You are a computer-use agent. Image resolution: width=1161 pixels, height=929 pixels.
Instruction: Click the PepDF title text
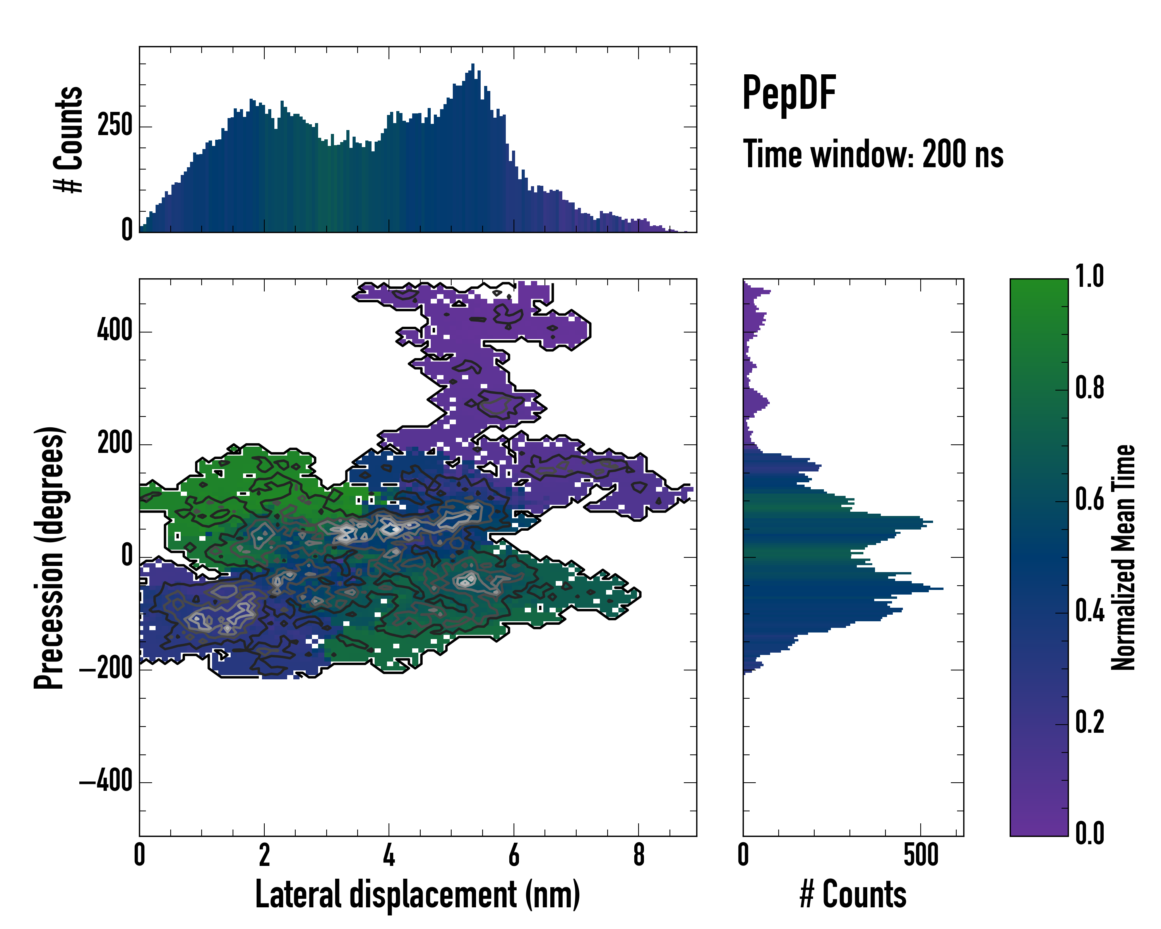[x=788, y=93]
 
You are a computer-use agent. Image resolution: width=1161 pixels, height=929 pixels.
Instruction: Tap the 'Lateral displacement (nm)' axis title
[x=417, y=894]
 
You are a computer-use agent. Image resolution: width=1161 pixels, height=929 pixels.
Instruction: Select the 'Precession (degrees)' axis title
[x=50, y=557]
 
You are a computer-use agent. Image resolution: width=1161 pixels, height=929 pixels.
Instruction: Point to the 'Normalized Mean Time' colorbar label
[x=1123, y=557]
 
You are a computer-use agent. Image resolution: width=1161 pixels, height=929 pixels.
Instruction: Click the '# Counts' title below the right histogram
[x=853, y=894]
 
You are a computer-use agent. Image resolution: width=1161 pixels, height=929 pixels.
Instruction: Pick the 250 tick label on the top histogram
[x=115, y=126]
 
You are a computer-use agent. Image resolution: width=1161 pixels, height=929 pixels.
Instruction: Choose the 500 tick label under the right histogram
[x=921, y=855]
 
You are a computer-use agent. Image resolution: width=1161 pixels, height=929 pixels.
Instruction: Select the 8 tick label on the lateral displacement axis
[x=639, y=855]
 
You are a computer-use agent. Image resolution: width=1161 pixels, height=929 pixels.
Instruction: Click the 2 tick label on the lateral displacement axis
[x=264, y=855]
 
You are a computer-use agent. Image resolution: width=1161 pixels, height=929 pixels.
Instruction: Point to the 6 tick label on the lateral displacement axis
[x=514, y=855]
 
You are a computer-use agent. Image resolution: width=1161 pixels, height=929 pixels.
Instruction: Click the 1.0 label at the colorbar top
[x=1089, y=277]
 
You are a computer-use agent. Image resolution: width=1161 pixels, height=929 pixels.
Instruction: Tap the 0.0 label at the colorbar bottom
[x=1089, y=833]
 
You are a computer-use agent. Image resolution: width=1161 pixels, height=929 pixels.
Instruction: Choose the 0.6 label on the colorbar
[x=1089, y=500]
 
